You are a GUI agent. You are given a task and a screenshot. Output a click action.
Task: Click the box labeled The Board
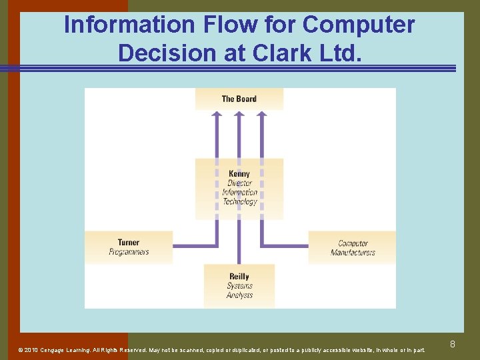pos(239,99)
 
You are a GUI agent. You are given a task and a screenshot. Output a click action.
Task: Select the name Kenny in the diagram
pos(239,174)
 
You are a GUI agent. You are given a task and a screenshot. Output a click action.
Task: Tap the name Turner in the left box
pos(129,243)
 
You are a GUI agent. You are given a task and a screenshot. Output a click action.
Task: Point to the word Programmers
pos(129,252)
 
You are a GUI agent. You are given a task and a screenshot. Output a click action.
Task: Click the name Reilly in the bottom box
pos(239,277)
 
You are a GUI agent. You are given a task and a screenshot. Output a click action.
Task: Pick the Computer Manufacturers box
pos(352,247)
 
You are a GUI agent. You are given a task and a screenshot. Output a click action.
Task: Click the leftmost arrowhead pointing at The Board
pos(217,115)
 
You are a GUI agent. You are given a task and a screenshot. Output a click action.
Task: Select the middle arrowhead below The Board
pos(239,115)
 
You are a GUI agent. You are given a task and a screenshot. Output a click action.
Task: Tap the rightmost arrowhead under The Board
pos(261,115)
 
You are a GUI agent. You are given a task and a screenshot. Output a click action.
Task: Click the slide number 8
pos(453,344)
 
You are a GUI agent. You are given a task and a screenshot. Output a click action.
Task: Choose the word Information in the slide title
pos(127,25)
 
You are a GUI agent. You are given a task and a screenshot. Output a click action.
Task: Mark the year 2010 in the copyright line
pos(31,350)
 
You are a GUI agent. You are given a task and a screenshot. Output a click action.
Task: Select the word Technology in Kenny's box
pos(239,201)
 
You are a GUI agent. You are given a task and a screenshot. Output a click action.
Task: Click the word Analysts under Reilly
pos(239,295)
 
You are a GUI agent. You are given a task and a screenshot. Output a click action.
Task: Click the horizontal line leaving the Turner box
pos(193,246)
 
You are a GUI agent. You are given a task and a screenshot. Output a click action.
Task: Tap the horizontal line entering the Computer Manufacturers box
pos(285,246)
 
